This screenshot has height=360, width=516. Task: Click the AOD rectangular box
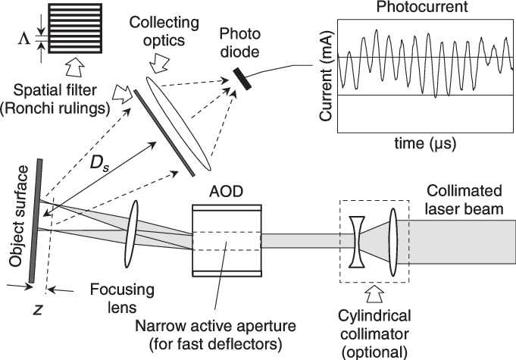point(227,239)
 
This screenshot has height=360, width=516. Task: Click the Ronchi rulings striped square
point(74,27)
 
